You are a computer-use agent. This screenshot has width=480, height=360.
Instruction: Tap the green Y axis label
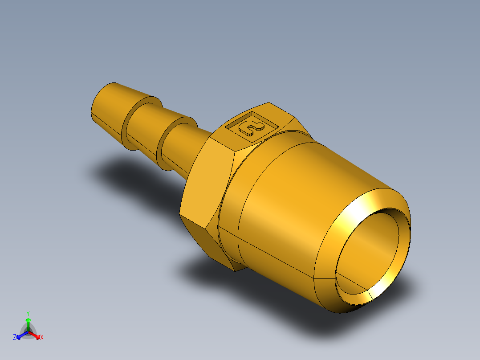pyautogui.click(x=28, y=313)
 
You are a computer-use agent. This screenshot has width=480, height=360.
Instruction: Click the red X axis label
pyautogui.click(x=42, y=337)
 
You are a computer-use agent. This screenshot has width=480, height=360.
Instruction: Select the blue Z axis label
pyautogui.click(x=15, y=337)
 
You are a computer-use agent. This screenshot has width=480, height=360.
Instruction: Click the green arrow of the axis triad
pyautogui.click(x=28, y=323)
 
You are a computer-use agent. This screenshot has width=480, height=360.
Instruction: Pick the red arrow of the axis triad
pyautogui.click(x=35, y=335)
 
